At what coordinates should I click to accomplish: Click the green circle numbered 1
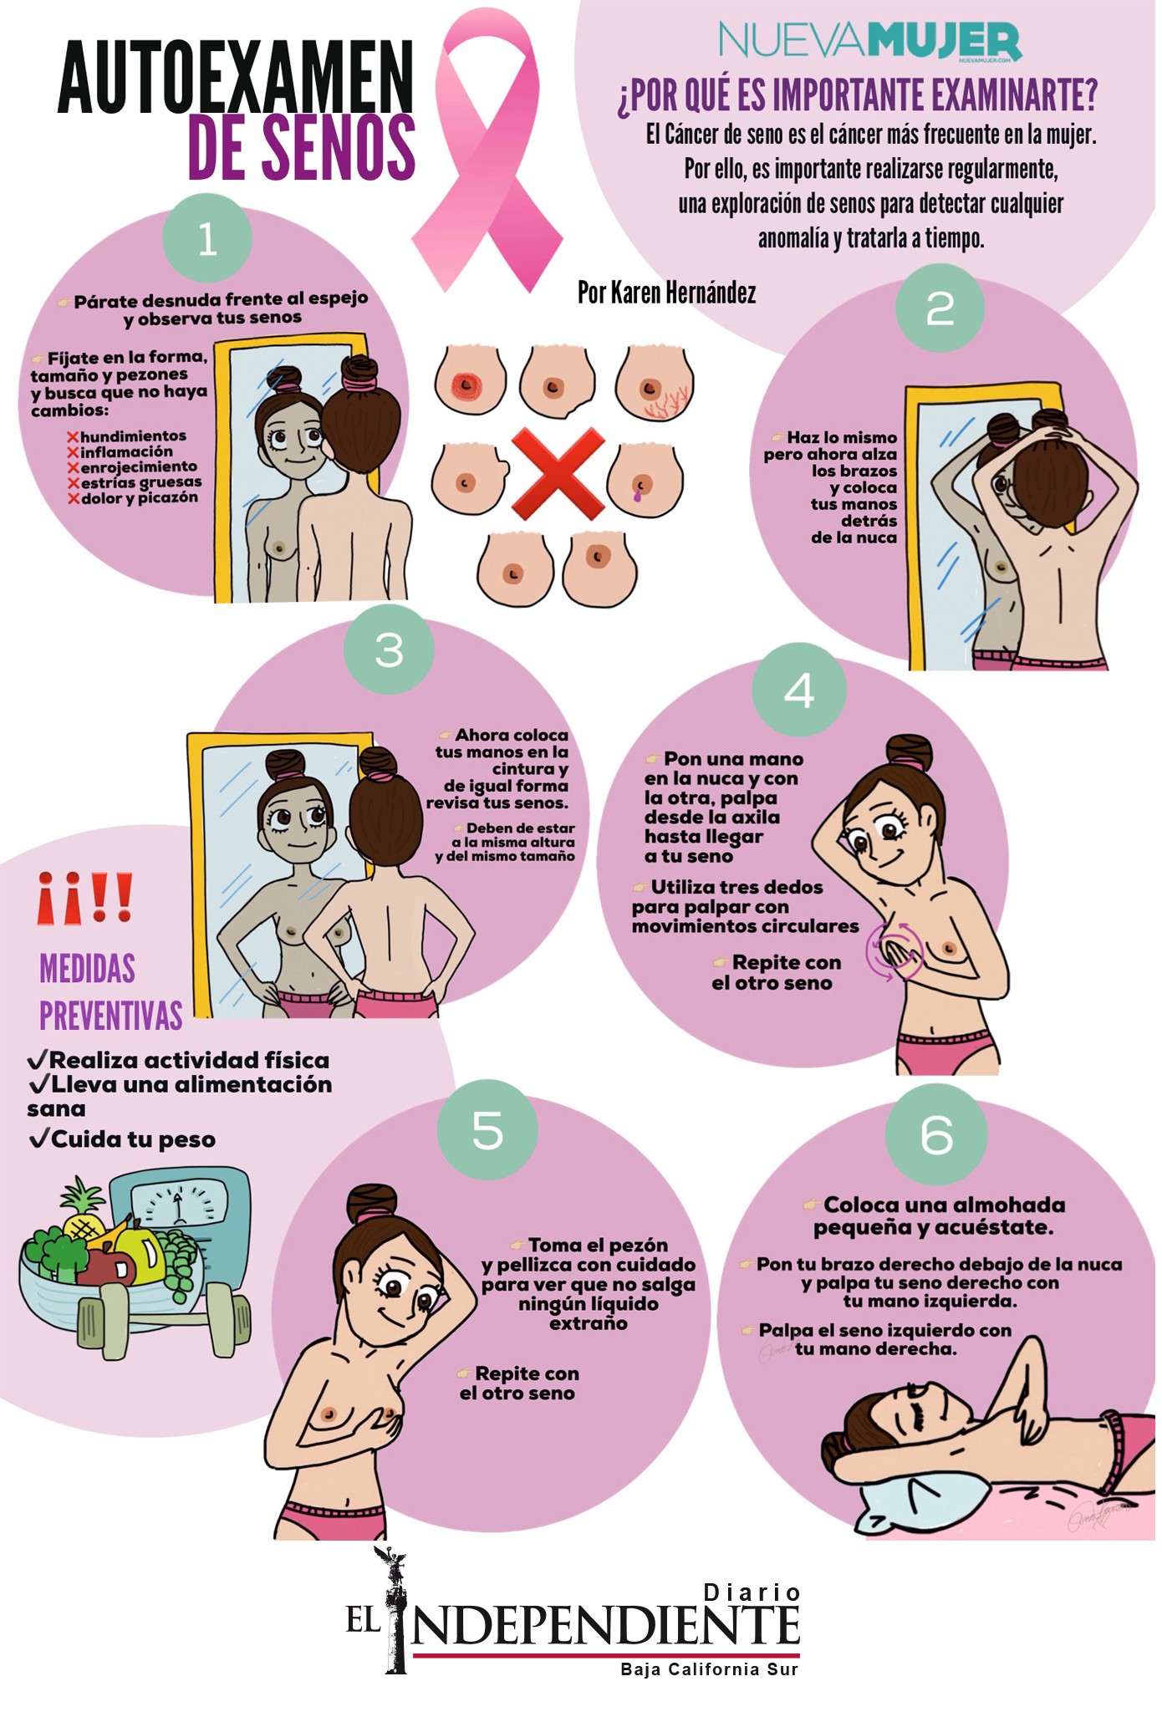tap(207, 239)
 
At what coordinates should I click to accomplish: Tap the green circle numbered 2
tap(940, 308)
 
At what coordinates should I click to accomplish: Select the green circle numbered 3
tap(390, 649)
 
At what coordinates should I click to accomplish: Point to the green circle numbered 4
tap(799, 690)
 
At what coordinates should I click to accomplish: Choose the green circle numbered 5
tap(488, 1130)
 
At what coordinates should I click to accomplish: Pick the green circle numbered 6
tap(936, 1134)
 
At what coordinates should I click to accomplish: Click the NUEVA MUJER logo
tap(870, 42)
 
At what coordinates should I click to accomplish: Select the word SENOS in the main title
tap(303, 149)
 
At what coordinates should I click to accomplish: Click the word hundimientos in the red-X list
tap(134, 436)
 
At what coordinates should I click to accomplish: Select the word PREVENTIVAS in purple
tap(111, 1016)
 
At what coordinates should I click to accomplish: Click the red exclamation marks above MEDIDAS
tap(85, 897)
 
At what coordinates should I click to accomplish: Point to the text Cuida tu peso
tap(123, 1139)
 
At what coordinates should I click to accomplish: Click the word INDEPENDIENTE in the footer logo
tap(599, 1626)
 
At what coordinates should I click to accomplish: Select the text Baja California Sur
tap(710, 1669)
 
